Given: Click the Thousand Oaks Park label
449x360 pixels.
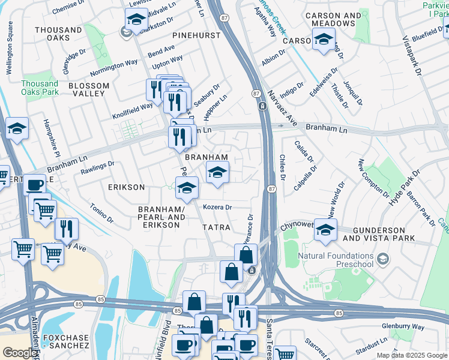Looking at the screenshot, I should [39, 88].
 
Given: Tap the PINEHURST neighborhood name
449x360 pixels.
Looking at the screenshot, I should [196, 35].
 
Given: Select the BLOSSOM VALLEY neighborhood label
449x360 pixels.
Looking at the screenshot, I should [89, 90].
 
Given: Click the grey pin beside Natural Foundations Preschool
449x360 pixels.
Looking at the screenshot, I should [384, 259].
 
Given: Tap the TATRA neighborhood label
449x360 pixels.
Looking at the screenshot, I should [216, 227].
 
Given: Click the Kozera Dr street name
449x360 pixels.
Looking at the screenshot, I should [217, 207].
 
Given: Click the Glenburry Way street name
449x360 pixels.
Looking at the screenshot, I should [402, 327].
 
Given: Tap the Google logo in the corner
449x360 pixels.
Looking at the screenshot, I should [20, 353].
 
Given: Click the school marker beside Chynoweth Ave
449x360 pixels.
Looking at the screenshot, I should [325, 230].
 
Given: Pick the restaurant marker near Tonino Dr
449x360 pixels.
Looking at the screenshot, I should [66, 229].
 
